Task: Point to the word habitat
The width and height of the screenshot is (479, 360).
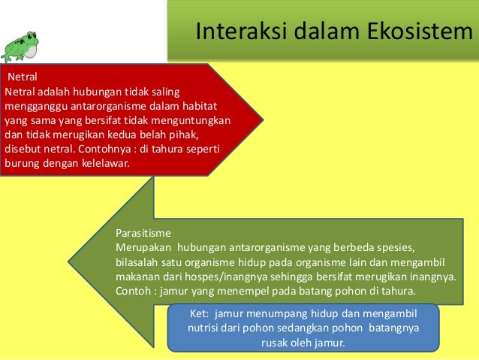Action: coord(215,106)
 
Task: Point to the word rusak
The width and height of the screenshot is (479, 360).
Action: coord(275,343)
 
